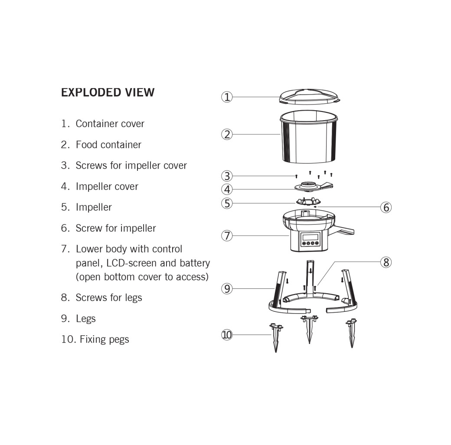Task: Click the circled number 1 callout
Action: coord(227,97)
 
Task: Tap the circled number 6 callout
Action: coord(386,207)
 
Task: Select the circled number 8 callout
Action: coord(386,262)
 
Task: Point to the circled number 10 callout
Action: coord(227,334)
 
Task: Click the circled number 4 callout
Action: coord(227,190)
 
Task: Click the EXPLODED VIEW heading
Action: coord(108,92)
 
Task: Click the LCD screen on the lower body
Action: coord(310,237)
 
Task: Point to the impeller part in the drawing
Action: coord(309,201)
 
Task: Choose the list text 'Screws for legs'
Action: coord(109,298)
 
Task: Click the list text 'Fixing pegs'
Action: coord(104,339)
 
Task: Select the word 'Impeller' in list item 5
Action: coord(94,207)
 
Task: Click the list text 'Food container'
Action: coord(108,144)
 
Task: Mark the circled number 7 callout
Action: coord(227,236)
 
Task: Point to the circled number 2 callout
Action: coord(227,134)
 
